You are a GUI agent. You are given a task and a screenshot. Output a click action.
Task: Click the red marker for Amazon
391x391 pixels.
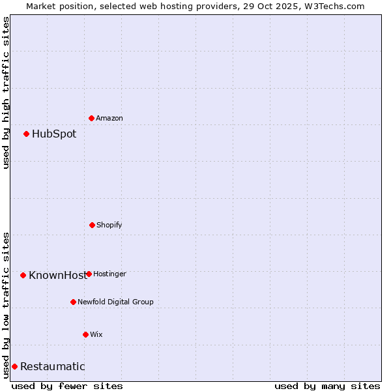point(92,118)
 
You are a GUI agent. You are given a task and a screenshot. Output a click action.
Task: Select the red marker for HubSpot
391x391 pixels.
point(27,134)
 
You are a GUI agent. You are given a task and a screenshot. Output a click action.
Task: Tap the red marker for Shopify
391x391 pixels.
point(92,225)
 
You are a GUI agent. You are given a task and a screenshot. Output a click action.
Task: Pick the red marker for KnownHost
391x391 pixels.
point(23,275)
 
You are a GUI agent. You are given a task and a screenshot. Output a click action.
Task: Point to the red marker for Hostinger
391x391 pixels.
point(89,274)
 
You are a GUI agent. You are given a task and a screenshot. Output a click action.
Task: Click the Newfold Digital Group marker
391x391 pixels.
point(73,302)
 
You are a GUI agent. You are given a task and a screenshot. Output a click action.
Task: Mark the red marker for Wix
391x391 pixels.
point(85,334)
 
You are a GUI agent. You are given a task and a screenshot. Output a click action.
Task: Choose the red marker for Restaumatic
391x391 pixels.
point(14,366)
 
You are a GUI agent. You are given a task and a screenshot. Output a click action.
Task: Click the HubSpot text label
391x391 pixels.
point(54,134)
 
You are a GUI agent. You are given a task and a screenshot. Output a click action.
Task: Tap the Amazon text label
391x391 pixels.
point(109,118)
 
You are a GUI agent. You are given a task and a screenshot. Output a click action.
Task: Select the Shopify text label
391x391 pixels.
point(109,225)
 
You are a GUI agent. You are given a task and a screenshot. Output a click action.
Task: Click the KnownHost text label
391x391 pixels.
point(57,275)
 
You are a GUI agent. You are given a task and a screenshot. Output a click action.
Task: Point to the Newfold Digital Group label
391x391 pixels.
point(115,302)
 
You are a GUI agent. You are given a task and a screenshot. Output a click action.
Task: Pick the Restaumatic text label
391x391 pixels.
point(53,366)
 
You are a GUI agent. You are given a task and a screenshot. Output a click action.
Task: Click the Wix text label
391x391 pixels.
point(96,334)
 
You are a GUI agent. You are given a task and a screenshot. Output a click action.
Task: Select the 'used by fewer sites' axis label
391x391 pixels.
point(67,386)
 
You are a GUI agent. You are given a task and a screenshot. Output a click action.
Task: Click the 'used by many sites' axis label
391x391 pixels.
point(327,386)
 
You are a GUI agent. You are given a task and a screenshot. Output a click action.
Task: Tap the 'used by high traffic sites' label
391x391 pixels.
point(6,93)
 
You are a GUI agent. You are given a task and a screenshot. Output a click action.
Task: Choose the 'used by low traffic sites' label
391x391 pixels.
point(6,305)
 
